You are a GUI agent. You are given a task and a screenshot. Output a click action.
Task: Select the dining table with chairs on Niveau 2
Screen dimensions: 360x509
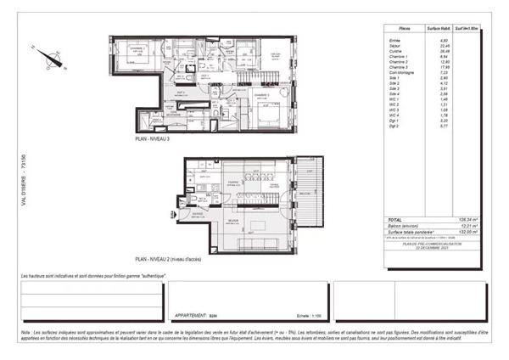click(252, 181)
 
